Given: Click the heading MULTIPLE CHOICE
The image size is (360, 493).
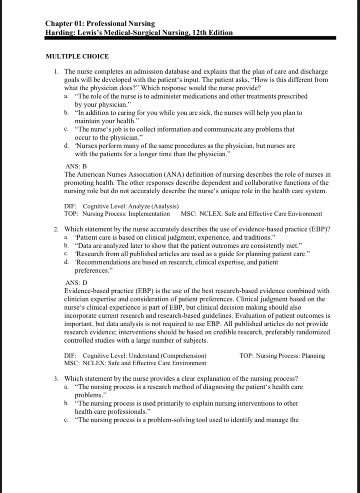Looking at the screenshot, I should point(77,56).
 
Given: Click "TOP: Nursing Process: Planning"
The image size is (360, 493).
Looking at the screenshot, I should point(282,356).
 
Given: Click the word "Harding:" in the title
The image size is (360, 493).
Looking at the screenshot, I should point(60,33).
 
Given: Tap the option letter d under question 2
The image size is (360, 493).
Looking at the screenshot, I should point(66,262).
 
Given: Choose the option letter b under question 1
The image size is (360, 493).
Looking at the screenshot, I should point(66,112).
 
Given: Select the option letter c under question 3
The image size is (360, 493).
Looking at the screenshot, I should point(66,420).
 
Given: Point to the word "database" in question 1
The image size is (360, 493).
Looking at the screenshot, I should point(177,71).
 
